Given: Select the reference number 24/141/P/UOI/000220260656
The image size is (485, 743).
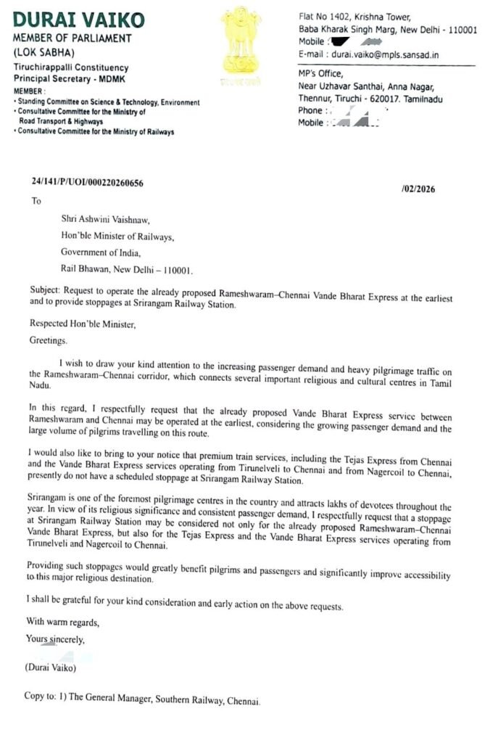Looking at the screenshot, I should (87, 183).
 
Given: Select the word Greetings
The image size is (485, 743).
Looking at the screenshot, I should (48, 340).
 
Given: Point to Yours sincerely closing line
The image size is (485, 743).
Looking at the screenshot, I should (55, 639).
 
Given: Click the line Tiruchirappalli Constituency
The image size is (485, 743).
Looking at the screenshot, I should (71, 67).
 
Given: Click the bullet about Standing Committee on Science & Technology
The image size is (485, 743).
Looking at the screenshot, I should (107, 103).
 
